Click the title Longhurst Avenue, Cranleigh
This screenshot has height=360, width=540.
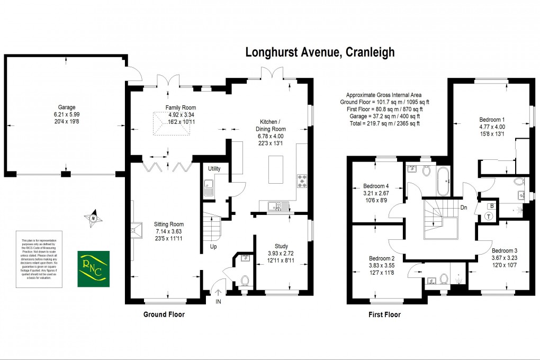click(x=320, y=52)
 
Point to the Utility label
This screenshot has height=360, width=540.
click(x=214, y=169)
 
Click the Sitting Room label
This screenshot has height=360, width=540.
click(x=169, y=224)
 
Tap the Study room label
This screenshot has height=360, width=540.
click(x=281, y=246)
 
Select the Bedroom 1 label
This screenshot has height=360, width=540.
click(x=492, y=120)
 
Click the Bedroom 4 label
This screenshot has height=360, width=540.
click(x=376, y=186)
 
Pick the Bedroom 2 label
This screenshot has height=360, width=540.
click(x=376, y=258)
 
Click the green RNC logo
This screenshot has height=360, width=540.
click(x=94, y=269)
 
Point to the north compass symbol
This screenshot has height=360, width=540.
click(x=93, y=217)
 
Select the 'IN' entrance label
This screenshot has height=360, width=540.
click(x=219, y=302)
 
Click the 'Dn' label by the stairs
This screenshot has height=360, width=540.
click(x=463, y=207)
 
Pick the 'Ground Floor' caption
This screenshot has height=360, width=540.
click(x=164, y=314)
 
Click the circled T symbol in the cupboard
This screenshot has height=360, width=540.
click(x=488, y=215)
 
